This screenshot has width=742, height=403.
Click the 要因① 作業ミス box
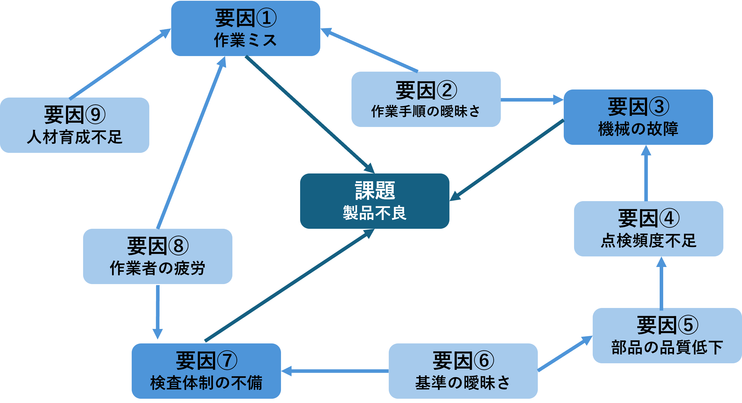click(x=245, y=28)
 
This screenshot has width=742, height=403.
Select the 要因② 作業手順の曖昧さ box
click(x=426, y=99)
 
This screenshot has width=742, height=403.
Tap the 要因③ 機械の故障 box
click(x=638, y=117)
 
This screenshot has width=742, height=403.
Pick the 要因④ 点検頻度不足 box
click(x=648, y=229)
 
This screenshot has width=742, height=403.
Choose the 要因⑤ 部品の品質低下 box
click(x=667, y=336)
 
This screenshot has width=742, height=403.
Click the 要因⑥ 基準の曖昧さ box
click(x=463, y=371)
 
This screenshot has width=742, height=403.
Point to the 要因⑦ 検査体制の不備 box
click(x=206, y=371)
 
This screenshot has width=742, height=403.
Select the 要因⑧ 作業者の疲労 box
click(x=158, y=256)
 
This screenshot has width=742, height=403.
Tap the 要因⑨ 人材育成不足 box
click(x=75, y=125)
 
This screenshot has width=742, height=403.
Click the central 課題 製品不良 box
click(x=374, y=201)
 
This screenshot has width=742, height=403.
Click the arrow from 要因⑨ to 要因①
click(x=120, y=64)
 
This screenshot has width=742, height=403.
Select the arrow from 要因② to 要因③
click(x=532, y=100)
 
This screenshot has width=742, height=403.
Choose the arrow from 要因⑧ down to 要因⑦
click(x=158, y=312)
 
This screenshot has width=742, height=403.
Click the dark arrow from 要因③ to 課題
click(x=507, y=160)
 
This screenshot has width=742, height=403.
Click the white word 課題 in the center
click(x=375, y=190)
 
